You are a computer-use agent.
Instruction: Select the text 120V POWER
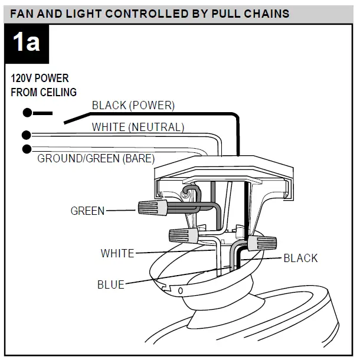(40, 79)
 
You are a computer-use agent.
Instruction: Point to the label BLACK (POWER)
(133, 106)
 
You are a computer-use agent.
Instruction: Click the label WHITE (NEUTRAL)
(138, 127)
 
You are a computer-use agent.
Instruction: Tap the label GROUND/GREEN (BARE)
(96, 158)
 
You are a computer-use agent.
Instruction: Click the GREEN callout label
(87, 211)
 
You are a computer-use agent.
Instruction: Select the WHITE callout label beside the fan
(117, 253)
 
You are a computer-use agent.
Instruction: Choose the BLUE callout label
(110, 285)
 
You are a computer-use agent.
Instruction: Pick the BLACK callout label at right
(300, 258)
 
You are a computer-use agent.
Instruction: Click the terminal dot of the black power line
(27, 113)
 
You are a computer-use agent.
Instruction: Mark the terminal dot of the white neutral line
(27, 135)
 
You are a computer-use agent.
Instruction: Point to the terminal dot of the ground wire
(27, 148)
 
